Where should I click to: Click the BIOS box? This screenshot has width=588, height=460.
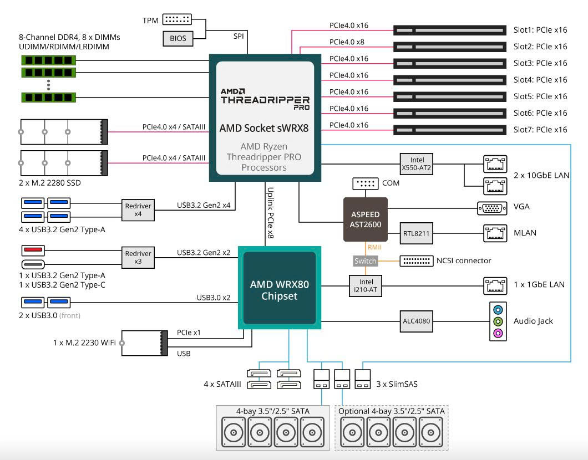(x=178, y=38)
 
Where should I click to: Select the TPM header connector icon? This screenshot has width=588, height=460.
(x=177, y=19)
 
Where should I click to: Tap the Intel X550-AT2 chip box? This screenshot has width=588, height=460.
(x=417, y=164)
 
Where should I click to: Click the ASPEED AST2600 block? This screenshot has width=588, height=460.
(x=365, y=219)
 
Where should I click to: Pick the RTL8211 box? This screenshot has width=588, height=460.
(x=416, y=233)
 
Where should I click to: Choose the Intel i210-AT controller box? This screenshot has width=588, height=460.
(x=366, y=286)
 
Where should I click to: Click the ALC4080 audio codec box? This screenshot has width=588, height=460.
(x=416, y=321)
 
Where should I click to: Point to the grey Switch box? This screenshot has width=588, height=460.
(x=365, y=260)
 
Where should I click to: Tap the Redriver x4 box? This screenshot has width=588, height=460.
(x=138, y=210)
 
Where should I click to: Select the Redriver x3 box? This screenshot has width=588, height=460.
(x=138, y=257)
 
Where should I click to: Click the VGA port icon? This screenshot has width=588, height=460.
(x=492, y=208)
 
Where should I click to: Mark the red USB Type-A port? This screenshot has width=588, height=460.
(x=33, y=250)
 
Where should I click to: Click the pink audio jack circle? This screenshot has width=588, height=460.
(x=498, y=333)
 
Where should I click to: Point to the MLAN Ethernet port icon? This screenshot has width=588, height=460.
(x=495, y=233)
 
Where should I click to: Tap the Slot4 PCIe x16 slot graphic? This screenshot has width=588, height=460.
(x=450, y=80)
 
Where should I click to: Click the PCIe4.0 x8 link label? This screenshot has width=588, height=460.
(x=347, y=42)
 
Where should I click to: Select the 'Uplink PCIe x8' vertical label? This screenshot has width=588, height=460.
(x=270, y=213)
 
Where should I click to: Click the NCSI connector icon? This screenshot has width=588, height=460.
(x=417, y=260)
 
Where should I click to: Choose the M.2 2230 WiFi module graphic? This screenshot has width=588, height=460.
(x=144, y=343)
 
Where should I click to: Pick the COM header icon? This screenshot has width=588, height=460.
(x=365, y=183)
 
